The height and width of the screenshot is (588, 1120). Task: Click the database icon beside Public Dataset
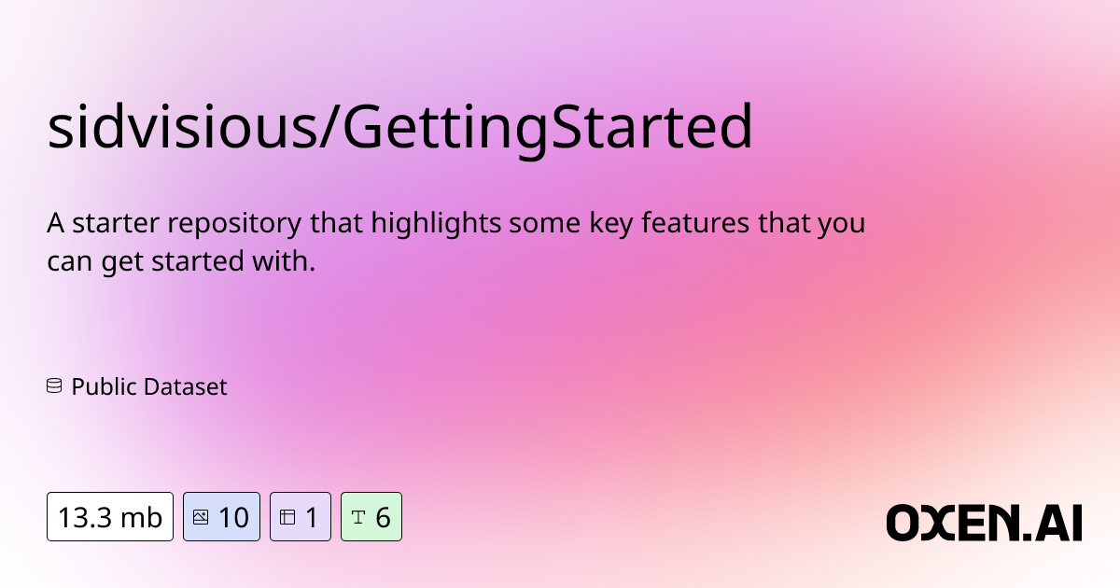point(54,385)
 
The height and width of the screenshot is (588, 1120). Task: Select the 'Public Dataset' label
point(149,386)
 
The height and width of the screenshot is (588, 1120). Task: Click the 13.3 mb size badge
point(110,516)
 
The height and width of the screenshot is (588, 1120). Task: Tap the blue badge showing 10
point(221,516)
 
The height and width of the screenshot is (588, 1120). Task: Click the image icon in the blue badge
point(201,516)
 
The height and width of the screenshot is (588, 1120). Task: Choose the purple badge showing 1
point(300,516)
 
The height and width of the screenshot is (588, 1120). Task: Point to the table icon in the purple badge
point(287,516)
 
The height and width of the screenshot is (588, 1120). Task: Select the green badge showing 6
point(371,516)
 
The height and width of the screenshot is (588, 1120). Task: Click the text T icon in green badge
point(357,516)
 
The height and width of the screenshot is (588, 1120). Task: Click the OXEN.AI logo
point(984,522)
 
